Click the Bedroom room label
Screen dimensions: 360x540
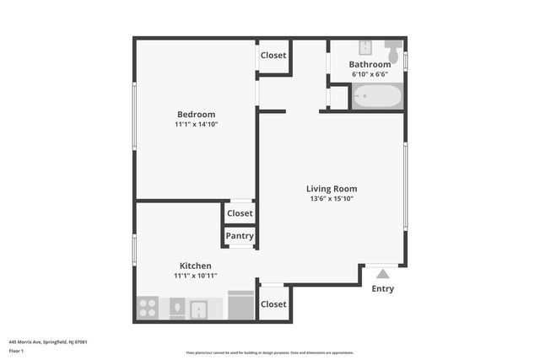(196, 115)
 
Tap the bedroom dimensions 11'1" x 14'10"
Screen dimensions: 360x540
(196, 125)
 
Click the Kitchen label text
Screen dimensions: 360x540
(195, 266)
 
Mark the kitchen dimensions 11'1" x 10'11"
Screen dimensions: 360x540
(195, 276)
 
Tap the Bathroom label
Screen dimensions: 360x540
(370, 64)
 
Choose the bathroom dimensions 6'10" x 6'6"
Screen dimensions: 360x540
(370, 74)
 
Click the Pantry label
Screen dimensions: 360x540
(240, 236)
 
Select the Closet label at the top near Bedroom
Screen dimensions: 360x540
(273, 56)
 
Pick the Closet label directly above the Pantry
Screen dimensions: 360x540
(240, 213)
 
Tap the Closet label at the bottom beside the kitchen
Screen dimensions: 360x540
(273, 304)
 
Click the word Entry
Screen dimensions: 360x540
(382, 289)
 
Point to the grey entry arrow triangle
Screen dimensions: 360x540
(382, 273)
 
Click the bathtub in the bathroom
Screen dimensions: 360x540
(376, 97)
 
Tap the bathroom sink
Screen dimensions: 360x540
(365, 46)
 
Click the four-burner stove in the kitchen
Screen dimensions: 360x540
(148, 308)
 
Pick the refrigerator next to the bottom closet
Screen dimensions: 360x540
(242, 306)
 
